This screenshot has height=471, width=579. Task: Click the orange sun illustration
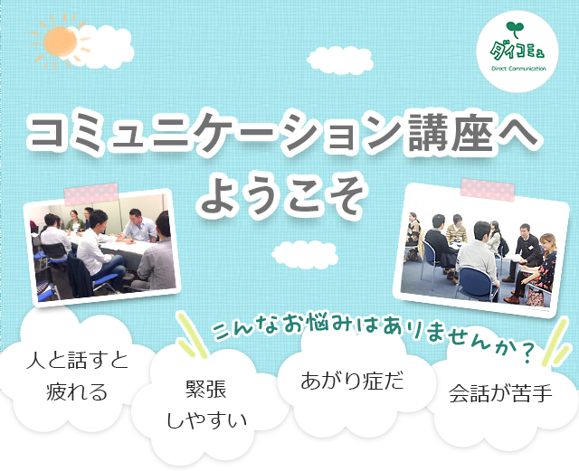pyautogui.click(x=59, y=42)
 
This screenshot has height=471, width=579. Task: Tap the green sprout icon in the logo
pyautogui.click(x=515, y=29)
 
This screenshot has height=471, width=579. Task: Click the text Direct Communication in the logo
pyautogui.click(x=518, y=69)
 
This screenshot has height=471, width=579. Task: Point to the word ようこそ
pyautogui.click(x=281, y=194)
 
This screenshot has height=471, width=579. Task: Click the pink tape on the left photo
pyautogui.click(x=91, y=193)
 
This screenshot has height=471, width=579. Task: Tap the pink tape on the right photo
pyautogui.click(x=488, y=190)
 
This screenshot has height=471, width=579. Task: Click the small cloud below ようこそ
pyautogui.click(x=305, y=254)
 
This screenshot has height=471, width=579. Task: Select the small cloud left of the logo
pyautogui.click(x=340, y=61)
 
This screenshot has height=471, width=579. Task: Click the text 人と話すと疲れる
pyautogui.click(x=77, y=376)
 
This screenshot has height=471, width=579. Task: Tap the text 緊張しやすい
pyautogui.click(x=206, y=405)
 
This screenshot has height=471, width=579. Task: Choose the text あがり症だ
pyautogui.click(x=352, y=381)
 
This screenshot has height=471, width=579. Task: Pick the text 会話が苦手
pyautogui.click(x=500, y=393)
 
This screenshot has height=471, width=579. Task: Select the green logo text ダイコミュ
pyautogui.click(x=517, y=52)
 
